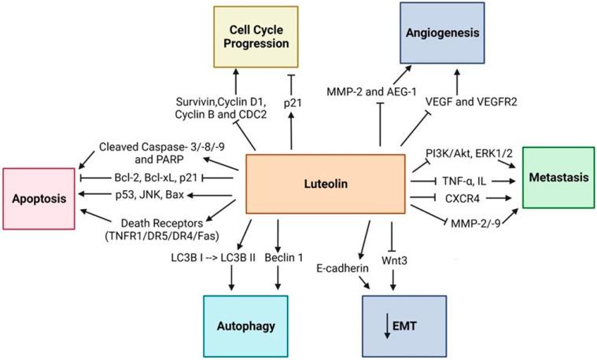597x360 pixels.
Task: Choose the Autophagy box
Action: pos(231,327)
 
